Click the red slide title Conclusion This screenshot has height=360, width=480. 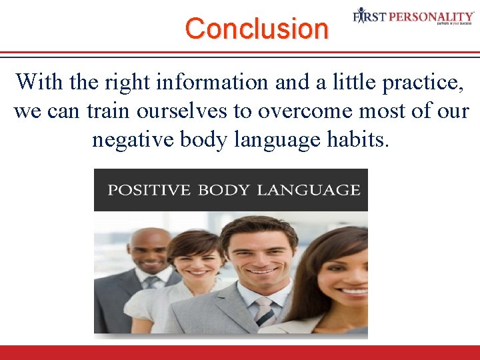click(257, 29)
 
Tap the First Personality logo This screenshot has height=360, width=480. click(413, 16)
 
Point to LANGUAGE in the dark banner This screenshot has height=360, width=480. click(308, 190)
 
